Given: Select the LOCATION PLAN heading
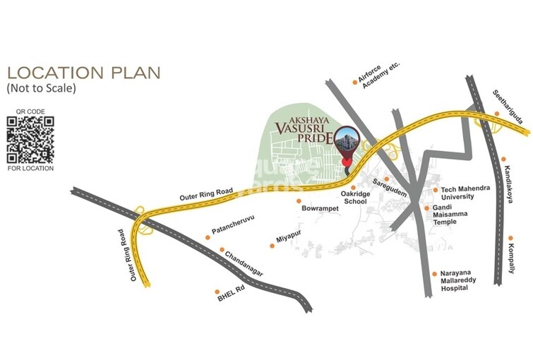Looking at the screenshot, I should pos(83,72).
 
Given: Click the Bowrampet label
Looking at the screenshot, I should pos(323,210).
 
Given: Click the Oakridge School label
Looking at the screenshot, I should pos(354,196).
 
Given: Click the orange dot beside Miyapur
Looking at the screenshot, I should pos(272,246).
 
